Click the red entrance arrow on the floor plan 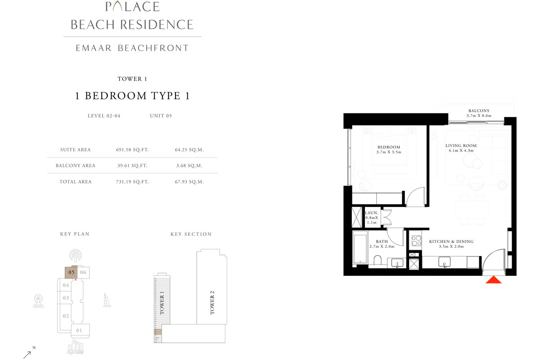494,280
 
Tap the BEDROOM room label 389,147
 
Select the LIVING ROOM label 461,146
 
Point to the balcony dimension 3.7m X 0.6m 479,116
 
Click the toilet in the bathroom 378,261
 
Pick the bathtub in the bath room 360,248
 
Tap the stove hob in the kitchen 415,240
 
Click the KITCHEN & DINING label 451,242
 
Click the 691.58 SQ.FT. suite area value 132,149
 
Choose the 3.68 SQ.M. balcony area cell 189,166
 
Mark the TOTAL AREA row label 75,182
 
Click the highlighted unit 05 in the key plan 71,272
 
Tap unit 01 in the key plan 80,331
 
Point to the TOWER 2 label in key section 212,302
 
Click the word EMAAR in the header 94,48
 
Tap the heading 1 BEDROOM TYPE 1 132,96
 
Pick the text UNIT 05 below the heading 161,116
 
